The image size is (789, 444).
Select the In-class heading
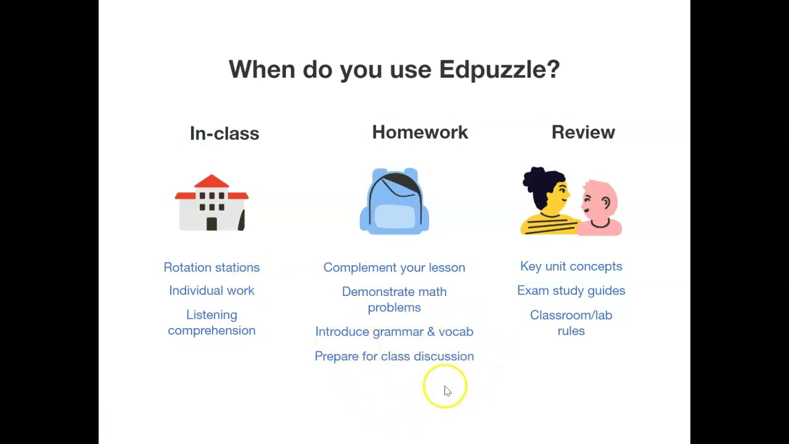pos(224,133)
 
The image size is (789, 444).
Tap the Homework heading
pos(420,132)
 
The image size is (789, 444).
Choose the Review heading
pos(583,132)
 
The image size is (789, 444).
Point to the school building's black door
pos(211,223)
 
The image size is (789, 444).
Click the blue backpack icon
pos(394,201)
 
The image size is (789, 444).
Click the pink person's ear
pos(607,202)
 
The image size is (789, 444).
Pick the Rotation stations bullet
pos(211,267)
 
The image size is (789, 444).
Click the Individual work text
pos(211,290)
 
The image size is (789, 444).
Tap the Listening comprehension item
pos(211,323)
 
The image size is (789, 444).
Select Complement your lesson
pos(394,267)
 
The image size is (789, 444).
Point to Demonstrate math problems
pos(394,299)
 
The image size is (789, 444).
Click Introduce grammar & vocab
pos(394,332)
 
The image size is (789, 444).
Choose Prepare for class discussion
pos(394,356)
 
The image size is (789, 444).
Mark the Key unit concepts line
pos(571,266)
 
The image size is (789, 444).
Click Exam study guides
pos(571,290)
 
